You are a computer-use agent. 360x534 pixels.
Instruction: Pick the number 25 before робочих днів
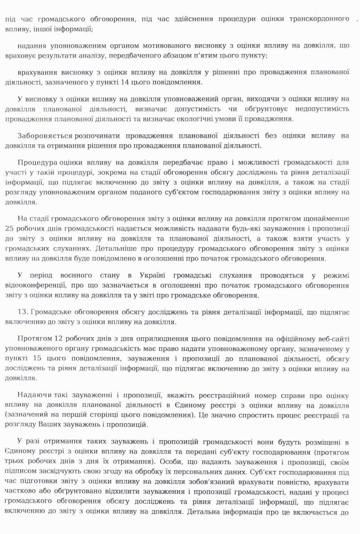pyautogui.click(x=10, y=228)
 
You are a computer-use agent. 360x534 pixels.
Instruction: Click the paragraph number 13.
pyautogui.click(x=23, y=312)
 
